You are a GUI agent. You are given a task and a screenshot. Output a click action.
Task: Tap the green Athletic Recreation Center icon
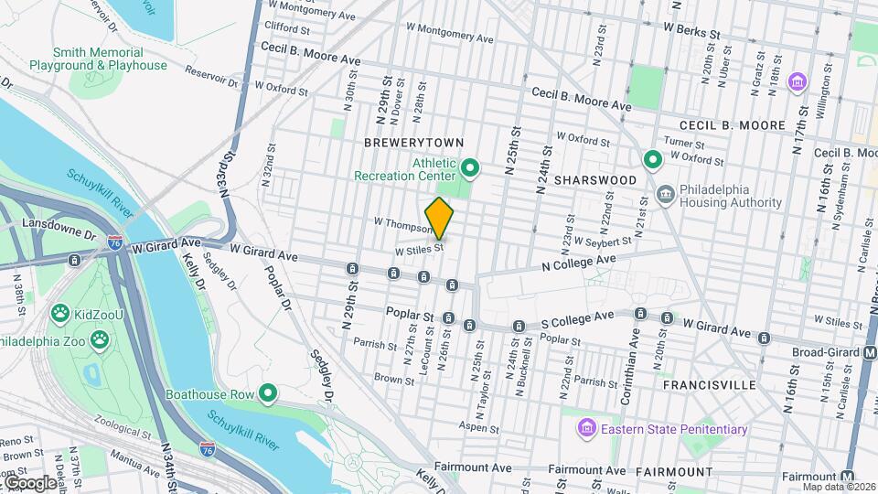pyautogui.click(x=470, y=167)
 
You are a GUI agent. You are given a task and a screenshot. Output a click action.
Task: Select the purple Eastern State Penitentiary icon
pyautogui.click(x=587, y=428)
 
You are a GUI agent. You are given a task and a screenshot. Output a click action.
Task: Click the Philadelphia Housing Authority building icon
pyautogui.click(x=665, y=194)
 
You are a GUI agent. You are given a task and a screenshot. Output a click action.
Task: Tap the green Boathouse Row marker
pyautogui.click(x=268, y=394)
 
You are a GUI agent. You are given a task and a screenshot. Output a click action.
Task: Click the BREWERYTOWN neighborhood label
pyautogui.click(x=414, y=143)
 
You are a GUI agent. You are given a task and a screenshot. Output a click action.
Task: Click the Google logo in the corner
pyautogui.click(x=29, y=483)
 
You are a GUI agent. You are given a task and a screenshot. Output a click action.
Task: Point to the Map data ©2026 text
pyautogui.click(x=840, y=487)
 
